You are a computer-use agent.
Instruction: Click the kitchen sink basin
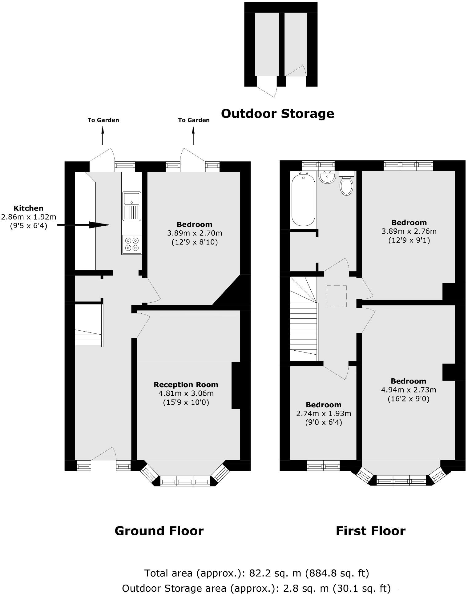[x=132, y=199]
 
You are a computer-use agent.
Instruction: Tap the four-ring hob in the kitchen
[x=132, y=244]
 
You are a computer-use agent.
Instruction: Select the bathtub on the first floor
[x=303, y=199]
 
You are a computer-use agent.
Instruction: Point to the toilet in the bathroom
[x=346, y=185]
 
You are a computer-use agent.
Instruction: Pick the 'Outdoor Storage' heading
[x=277, y=114]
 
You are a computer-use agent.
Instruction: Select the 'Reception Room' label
[x=186, y=385]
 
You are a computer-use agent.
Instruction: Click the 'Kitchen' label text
[x=29, y=208]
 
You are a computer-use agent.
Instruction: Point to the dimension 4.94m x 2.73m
[x=409, y=390]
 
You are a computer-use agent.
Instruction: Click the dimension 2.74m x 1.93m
[x=324, y=413]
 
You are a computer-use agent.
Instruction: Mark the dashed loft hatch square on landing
[x=337, y=296]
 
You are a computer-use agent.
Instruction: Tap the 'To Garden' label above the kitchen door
[x=103, y=120]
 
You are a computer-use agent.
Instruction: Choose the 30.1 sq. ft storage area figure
[x=362, y=588]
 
